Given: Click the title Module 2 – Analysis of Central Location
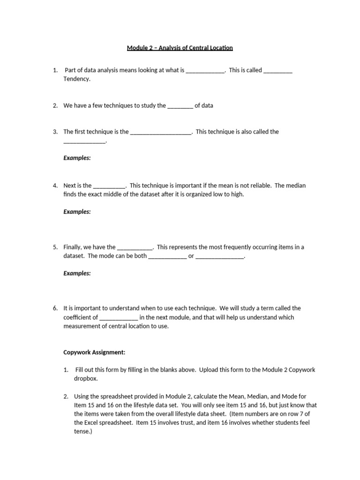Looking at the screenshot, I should click(180, 48).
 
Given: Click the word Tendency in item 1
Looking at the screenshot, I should click(76, 79).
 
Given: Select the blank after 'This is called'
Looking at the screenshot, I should click(278, 70).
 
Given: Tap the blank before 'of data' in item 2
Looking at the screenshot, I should click(180, 105).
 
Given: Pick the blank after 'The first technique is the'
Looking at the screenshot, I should click(161, 132).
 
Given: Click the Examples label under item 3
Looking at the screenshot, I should click(77, 158).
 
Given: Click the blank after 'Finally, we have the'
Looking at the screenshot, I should click(135, 247).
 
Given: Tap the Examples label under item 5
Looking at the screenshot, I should click(77, 273).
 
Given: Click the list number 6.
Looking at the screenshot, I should click(55, 308).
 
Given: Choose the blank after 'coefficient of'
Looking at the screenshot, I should click(119, 317).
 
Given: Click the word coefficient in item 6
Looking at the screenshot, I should click(80, 317).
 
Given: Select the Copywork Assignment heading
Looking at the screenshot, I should click(94, 352).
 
